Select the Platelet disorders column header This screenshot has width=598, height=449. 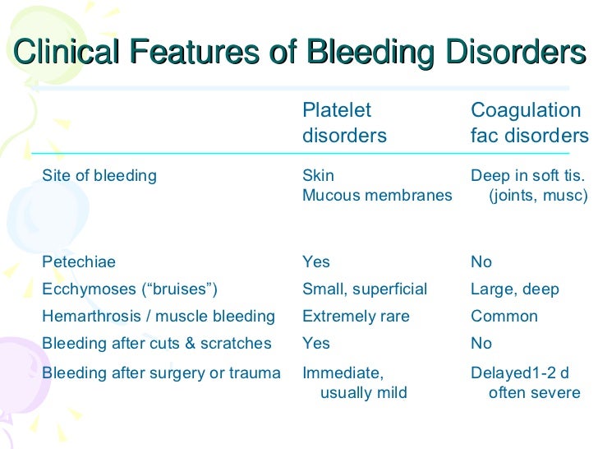point(344,123)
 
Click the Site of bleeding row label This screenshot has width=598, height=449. point(99,175)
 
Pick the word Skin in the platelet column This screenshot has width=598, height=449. point(318,175)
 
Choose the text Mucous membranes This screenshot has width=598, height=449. point(377,196)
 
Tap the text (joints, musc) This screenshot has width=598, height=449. point(538,196)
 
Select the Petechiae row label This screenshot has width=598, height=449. point(79,262)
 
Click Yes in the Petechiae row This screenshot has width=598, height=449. point(316,262)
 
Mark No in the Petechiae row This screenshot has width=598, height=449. point(481,262)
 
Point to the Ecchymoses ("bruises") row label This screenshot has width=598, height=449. point(129,289)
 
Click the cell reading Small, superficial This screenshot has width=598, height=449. point(365,289)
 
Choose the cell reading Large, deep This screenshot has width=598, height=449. point(514,289)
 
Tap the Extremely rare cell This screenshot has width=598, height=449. point(356,317)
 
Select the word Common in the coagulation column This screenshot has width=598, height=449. point(504,317)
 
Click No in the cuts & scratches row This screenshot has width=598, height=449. point(481,344)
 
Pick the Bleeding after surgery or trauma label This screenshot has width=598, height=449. point(161,373)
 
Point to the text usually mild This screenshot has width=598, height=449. point(363,393)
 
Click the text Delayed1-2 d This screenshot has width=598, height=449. point(519,373)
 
